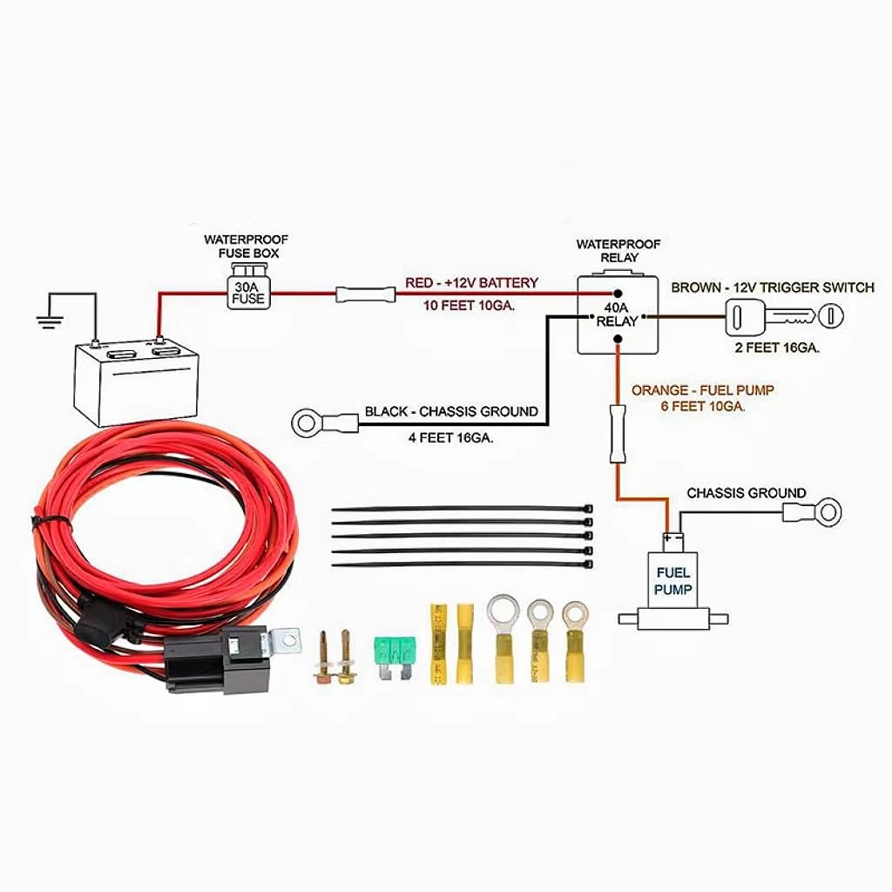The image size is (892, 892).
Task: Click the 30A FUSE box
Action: (247, 292)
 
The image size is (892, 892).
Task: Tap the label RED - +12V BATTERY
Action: (471, 283)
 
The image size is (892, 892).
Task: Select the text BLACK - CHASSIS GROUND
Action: (451, 411)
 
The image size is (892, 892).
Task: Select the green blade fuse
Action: (395, 650)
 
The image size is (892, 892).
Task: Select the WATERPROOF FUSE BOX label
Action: (247, 246)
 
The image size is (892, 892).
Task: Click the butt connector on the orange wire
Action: (618, 434)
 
